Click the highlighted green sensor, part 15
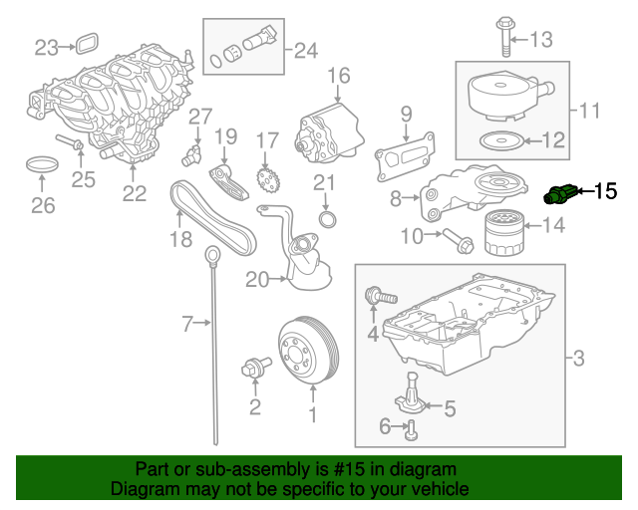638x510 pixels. [x=560, y=194]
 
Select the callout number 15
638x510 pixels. [x=606, y=190]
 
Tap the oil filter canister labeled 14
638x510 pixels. [x=503, y=233]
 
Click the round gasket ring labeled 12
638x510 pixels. [x=500, y=140]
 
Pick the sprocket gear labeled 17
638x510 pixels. [x=268, y=181]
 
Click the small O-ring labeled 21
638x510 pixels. [x=328, y=219]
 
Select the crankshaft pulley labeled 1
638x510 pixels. [x=309, y=351]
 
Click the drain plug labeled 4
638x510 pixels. [x=381, y=296]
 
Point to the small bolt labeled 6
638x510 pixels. [x=412, y=430]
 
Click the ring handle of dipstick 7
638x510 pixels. [x=212, y=254]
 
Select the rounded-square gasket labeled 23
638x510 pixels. [x=87, y=44]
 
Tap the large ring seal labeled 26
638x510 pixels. [x=42, y=164]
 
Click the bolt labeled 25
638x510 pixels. [x=70, y=141]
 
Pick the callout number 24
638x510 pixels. [x=306, y=51]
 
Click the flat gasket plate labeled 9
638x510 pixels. [x=405, y=157]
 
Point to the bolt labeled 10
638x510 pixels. [x=458, y=240]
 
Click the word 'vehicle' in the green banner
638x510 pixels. [x=441, y=488]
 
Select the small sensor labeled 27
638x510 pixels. [x=191, y=154]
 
